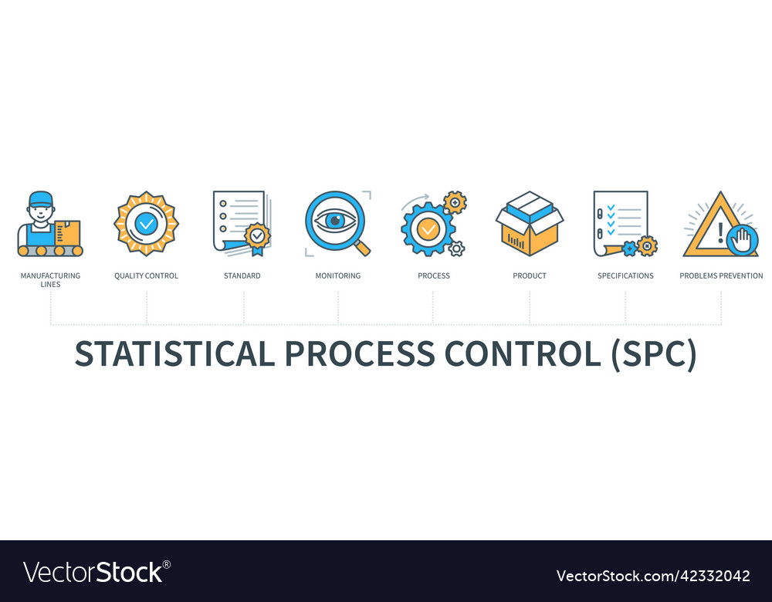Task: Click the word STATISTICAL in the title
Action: click(x=174, y=353)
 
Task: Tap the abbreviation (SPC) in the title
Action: click(x=654, y=354)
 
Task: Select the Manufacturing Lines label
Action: click(x=50, y=279)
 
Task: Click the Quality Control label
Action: click(x=146, y=276)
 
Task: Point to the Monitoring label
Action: click(x=338, y=276)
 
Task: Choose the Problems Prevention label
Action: click(x=721, y=276)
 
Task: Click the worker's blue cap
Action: click(x=40, y=199)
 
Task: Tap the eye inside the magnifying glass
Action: click(x=335, y=221)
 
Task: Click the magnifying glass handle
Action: click(x=362, y=248)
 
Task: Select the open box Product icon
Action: click(x=530, y=224)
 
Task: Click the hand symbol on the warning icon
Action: click(x=742, y=241)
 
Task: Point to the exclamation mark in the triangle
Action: click(x=720, y=233)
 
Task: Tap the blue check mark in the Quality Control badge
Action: click(x=146, y=224)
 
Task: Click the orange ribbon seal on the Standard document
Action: click(x=258, y=238)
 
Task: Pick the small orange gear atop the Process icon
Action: click(x=455, y=202)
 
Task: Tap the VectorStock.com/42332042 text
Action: click(x=653, y=576)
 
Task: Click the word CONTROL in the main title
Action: click(x=523, y=353)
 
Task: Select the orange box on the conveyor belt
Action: click(x=67, y=232)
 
